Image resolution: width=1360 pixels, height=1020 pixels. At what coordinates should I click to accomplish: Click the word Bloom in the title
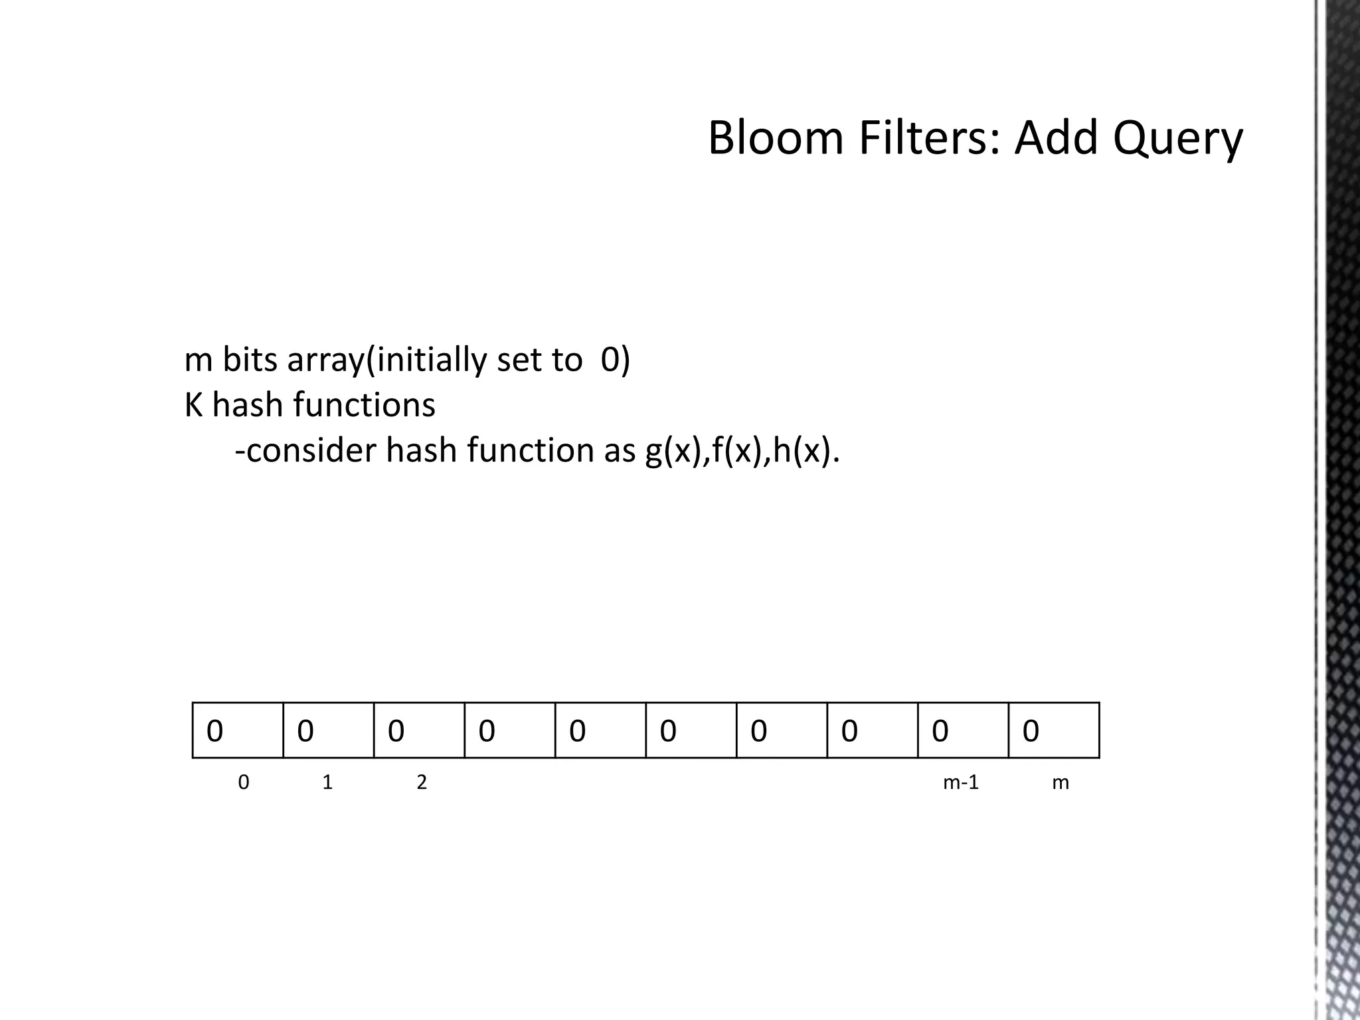pyautogui.click(x=775, y=138)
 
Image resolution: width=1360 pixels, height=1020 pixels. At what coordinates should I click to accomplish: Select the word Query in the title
pyautogui.click(x=1177, y=139)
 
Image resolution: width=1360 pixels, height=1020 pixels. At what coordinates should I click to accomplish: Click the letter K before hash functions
pyautogui.click(x=193, y=405)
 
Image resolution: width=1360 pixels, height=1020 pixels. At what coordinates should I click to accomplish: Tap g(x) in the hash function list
pyautogui.click(x=673, y=451)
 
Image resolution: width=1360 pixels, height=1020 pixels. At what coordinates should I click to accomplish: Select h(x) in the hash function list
pyautogui.click(x=800, y=451)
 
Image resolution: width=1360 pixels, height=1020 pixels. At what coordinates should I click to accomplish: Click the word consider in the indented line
pyautogui.click(x=311, y=451)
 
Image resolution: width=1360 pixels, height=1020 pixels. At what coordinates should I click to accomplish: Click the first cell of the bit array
pyautogui.click(x=238, y=730)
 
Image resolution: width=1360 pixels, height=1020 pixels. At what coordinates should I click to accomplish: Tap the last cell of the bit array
pyautogui.click(x=1054, y=730)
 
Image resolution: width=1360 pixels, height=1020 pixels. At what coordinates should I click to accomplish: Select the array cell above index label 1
pyautogui.click(x=328, y=730)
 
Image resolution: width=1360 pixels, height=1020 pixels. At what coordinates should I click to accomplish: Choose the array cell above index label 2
pyautogui.click(x=419, y=730)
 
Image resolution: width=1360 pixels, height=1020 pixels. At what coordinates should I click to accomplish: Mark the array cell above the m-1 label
pyautogui.click(x=963, y=730)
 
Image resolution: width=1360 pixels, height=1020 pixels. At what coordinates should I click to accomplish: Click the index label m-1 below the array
pyautogui.click(x=961, y=783)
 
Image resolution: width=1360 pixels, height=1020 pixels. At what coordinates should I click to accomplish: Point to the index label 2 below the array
pyautogui.click(x=422, y=783)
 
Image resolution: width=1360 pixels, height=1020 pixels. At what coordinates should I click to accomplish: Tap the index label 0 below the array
pyautogui.click(x=244, y=783)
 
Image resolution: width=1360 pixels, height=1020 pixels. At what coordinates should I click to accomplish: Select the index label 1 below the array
pyautogui.click(x=327, y=783)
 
